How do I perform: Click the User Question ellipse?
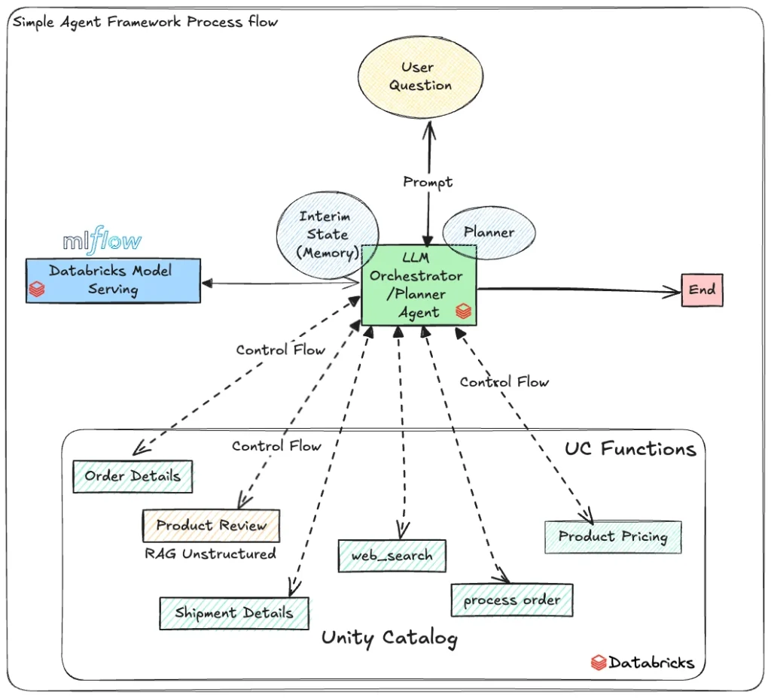(420, 77)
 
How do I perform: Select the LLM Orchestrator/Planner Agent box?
(419, 285)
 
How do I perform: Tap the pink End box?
(702, 290)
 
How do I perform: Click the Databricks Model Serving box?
(113, 281)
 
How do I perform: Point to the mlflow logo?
(102, 241)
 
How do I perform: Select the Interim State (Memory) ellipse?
(328, 235)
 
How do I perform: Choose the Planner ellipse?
(489, 232)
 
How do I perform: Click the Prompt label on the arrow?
(428, 182)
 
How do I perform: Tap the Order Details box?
(133, 476)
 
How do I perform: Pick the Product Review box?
(211, 526)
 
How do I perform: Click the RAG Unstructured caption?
(211, 554)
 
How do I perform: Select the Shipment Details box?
(234, 613)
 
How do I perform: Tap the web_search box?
(392, 556)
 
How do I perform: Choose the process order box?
(512, 599)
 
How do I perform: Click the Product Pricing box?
(613, 537)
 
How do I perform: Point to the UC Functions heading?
(630, 449)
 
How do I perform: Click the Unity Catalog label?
(389, 638)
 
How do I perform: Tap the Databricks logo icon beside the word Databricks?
(599, 663)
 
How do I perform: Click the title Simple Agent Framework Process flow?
(145, 22)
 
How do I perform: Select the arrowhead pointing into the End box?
(672, 292)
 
